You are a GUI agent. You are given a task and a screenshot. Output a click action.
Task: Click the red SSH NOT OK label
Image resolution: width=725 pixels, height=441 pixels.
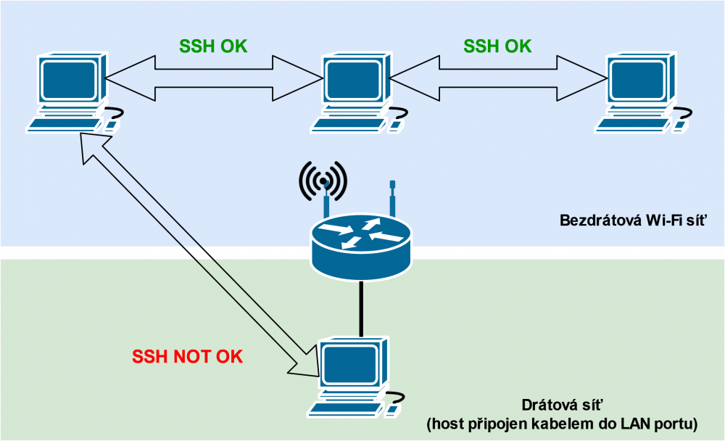click(187, 357)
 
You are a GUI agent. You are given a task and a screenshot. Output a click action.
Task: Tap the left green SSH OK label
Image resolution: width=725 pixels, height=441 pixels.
click(213, 46)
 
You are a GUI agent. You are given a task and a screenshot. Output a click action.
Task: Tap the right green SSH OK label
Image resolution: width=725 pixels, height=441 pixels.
click(497, 46)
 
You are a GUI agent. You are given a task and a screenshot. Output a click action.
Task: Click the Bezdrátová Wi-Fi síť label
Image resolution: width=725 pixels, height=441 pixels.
click(633, 220)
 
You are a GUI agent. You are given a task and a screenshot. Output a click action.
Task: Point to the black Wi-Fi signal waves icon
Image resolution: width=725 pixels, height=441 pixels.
click(323, 178)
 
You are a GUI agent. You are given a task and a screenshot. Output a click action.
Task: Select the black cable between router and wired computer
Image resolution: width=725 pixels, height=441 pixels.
click(360, 308)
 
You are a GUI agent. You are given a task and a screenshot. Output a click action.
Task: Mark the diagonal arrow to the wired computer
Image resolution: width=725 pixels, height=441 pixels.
click(196, 254)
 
